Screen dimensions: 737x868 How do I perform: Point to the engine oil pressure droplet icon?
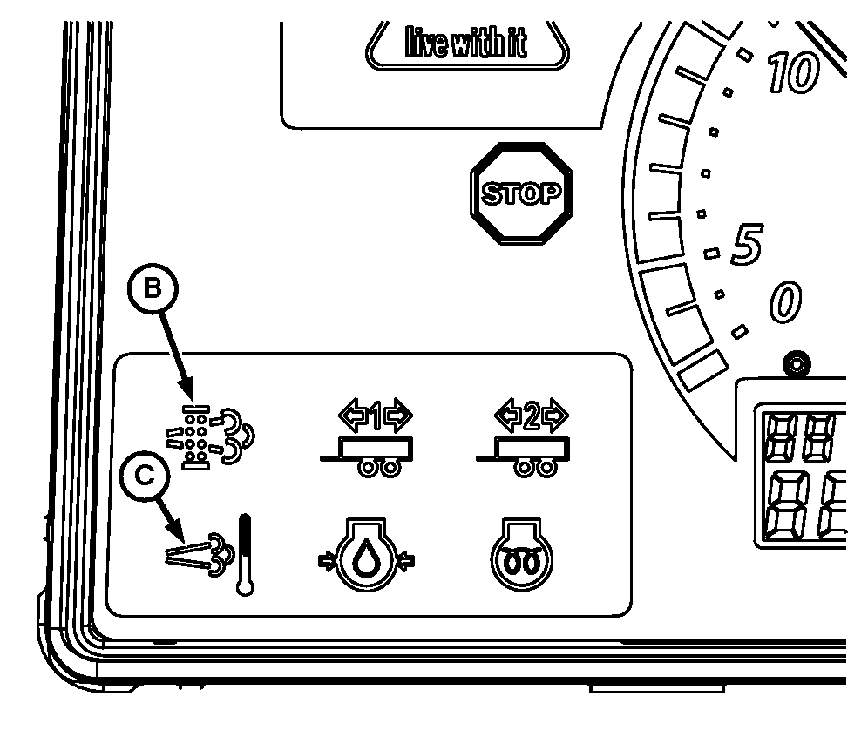point(366,562)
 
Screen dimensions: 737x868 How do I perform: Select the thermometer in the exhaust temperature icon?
point(246,554)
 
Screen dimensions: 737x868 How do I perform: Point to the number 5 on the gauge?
point(747,246)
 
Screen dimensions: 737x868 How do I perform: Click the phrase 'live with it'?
point(465,43)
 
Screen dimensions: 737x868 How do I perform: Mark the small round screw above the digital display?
point(793,362)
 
